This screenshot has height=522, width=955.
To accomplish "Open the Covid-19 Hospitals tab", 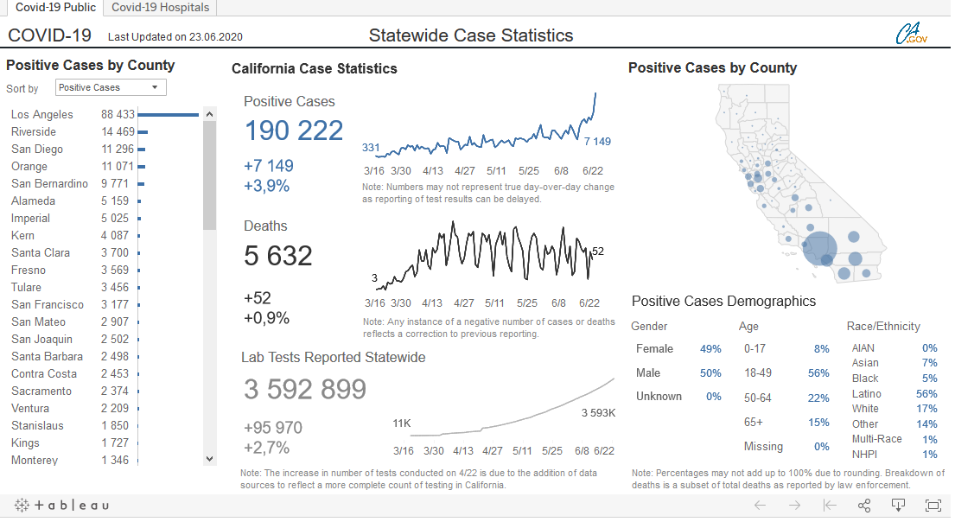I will click(x=160, y=8).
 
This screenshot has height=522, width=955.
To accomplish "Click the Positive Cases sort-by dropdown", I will click(x=111, y=87).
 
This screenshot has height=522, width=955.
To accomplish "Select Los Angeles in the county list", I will click(x=42, y=114).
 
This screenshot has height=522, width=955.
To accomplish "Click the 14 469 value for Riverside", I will click(x=118, y=131).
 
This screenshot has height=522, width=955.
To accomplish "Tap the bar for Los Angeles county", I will click(x=168, y=114).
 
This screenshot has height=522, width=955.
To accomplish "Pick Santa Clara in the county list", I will click(x=41, y=252).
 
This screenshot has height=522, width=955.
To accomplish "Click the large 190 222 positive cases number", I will click(x=294, y=130).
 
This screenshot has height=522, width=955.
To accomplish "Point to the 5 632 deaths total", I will click(x=278, y=256).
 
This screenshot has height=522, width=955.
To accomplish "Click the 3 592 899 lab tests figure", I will click(x=305, y=390).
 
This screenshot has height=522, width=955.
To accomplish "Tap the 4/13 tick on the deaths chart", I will click(x=432, y=303).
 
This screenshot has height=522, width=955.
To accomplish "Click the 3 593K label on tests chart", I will click(x=598, y=413).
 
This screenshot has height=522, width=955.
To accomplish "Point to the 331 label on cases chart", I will click(x=371, y=148).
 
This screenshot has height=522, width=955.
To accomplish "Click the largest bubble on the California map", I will click(x=819, y=248).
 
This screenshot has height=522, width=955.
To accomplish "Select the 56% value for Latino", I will click(x=926, y=394).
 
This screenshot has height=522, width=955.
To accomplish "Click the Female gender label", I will click(x=654, y=349).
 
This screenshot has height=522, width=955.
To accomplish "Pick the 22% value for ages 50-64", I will click(x=818, y=398).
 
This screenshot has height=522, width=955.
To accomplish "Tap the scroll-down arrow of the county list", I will click(x=210, y=459).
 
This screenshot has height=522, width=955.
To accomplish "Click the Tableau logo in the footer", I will click(x=62, y=506).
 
